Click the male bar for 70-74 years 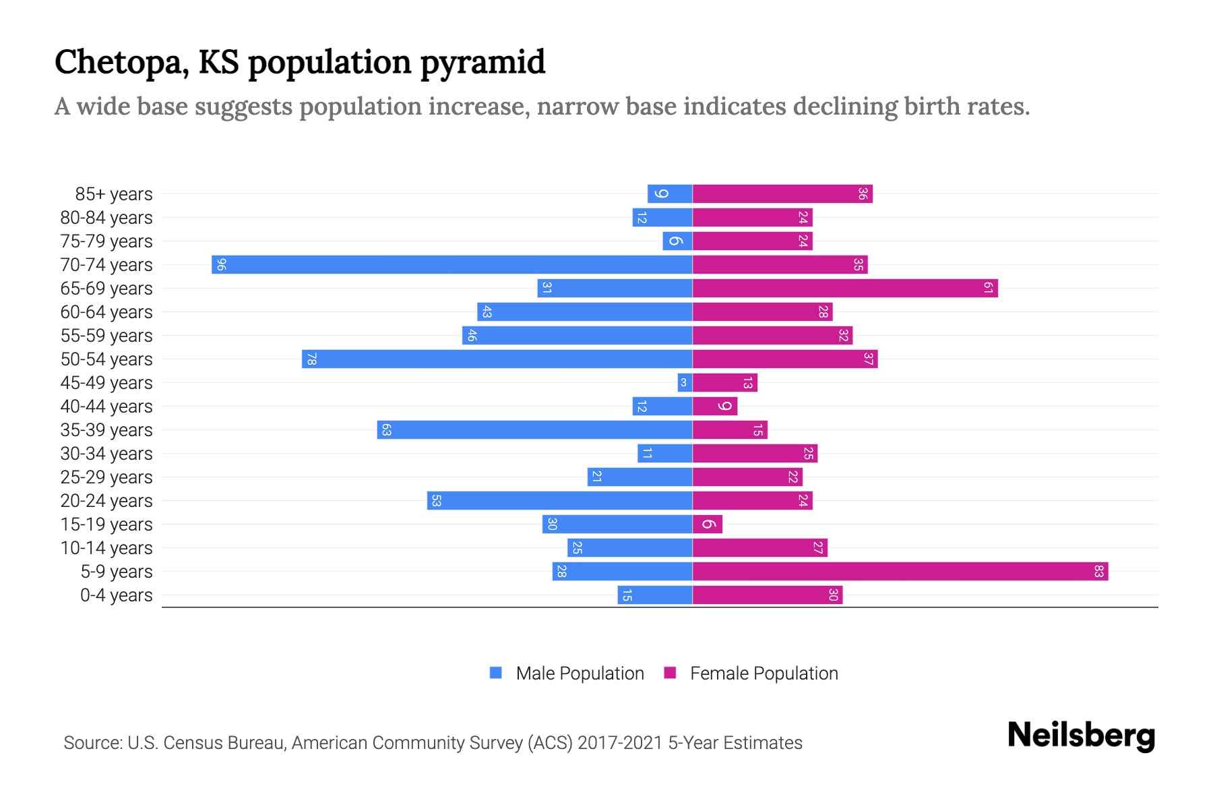(452, 264)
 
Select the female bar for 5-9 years (900, 572)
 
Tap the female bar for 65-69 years (844, 289)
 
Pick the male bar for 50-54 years (497, 359)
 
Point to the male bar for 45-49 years (685, 383)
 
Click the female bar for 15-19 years (708, 525)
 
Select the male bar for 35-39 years (534, 430)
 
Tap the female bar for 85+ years (782, 194)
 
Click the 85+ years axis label (114, 194)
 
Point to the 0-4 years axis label (116, 595)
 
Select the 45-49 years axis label (106, 383)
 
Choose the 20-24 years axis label (106, 501)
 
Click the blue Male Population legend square (496, 673)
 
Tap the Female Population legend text (764, 673)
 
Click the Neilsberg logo (1081, 736)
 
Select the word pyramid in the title (483, 62)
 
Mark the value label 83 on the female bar (1098, 572)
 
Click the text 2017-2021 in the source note (620, 743)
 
